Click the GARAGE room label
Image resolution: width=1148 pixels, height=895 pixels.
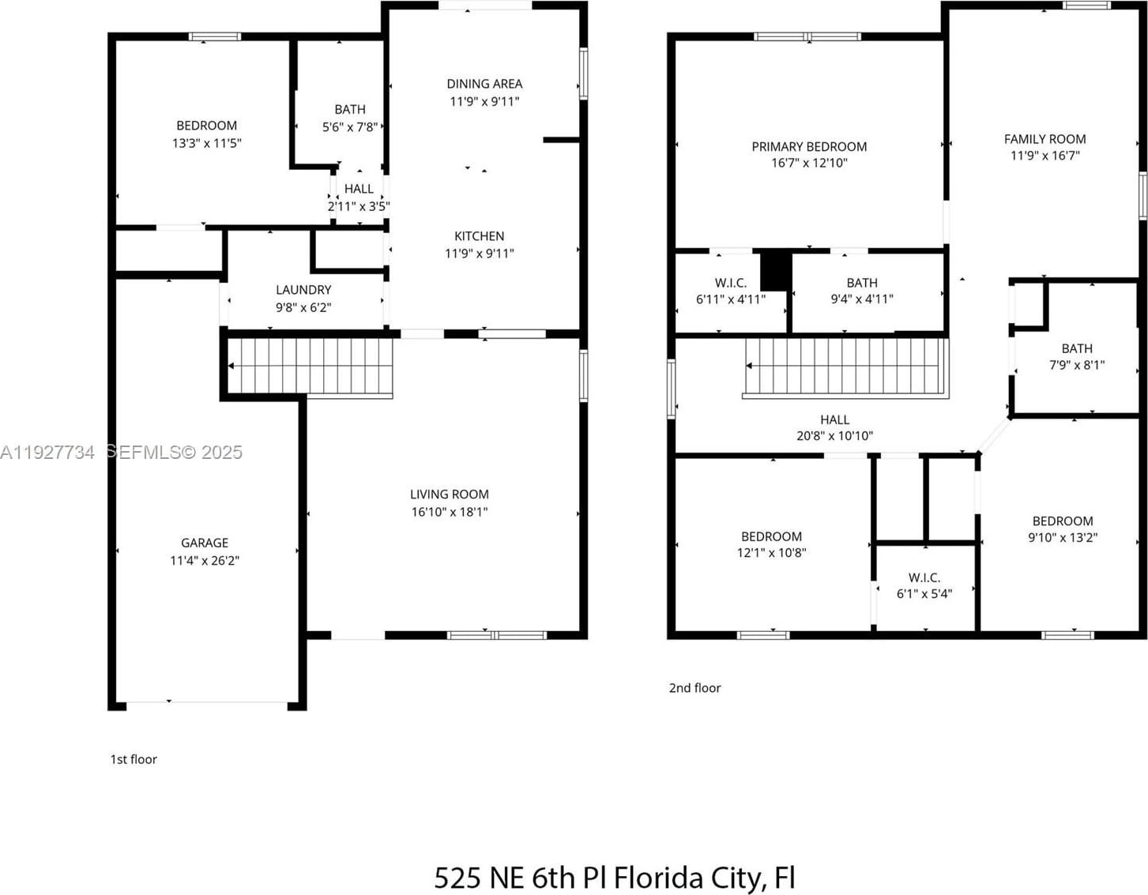coord(205,543)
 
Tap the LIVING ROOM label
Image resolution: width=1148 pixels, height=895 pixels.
coord(450,495)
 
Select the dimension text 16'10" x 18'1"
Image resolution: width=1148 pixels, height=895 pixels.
coord(450,512)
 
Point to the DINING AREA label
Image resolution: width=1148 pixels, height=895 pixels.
coord(484,84)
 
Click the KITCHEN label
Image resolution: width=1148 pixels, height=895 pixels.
coord(479,236)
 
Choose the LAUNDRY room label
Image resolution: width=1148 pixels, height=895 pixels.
coord(303,290)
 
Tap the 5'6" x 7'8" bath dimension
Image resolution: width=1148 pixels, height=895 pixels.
coord(350,127)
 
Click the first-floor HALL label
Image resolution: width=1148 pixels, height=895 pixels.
coord(359,189)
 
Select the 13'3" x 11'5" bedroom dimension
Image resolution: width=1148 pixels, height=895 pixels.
coord(206,143)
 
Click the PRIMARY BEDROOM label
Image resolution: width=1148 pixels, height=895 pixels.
coord(809,147)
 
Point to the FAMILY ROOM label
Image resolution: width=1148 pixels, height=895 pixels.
coord(1045,139)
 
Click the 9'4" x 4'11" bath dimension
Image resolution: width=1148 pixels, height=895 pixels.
coord(862,299)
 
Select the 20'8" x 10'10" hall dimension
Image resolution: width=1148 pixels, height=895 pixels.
coord(834,435)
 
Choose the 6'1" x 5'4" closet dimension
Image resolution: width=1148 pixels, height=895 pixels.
coord(924,593)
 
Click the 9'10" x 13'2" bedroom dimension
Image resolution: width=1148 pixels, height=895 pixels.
coord(1063,537)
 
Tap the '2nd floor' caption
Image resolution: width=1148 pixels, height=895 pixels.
coord(694,688)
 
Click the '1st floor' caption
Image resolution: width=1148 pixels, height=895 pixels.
coord(134,759)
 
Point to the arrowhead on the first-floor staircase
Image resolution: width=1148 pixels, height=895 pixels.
coord(231,366)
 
